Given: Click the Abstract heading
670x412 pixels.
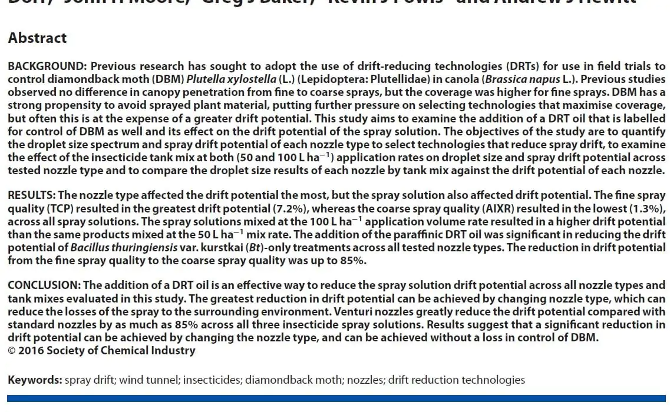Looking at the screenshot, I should pos(37,38).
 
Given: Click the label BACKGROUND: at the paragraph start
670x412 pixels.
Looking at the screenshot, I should pos(47,67).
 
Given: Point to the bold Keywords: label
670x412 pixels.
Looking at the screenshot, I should pos(35,380).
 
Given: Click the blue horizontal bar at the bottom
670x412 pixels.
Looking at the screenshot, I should pos(336,398).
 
